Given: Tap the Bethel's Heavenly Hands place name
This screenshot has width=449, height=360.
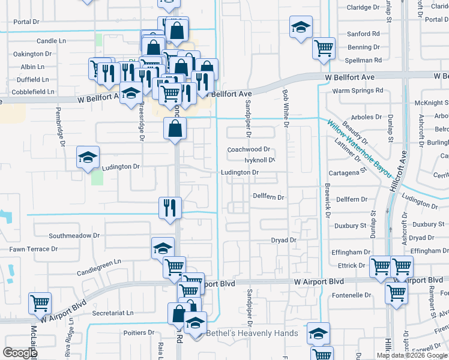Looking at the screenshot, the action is [x=252, y=333].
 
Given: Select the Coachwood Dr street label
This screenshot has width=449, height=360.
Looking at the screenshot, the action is [x=249, y=149].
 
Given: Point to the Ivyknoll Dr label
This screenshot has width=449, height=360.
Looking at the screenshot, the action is [x=259, y=160].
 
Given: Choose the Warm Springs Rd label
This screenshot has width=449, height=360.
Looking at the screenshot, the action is [x=358, y=91].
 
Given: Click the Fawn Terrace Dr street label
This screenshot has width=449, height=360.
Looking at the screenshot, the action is [x=33, y=248].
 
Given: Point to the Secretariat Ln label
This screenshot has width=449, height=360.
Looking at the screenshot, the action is [x=113, y=313].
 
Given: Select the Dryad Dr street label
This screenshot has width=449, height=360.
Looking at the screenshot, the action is [x=284, y=240].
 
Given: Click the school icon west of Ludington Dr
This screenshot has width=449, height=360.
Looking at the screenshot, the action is [x=88, y=158].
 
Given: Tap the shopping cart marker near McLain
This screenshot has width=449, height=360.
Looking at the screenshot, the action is [x=40, y=304].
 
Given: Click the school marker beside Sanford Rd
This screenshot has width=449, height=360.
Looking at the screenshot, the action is [x=301, y=27].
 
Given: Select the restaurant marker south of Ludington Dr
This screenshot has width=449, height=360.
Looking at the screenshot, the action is [x=170, y=208].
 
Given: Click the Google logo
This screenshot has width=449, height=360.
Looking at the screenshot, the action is [x=20, y=353].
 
